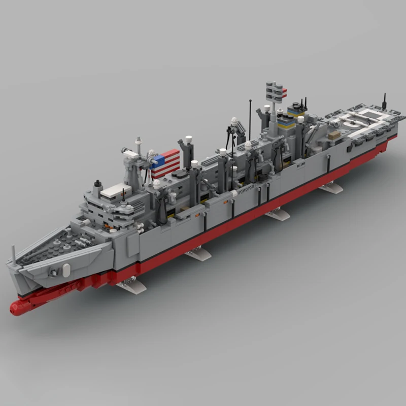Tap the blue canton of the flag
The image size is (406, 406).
pos(158,162)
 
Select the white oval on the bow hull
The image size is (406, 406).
pos(66,270)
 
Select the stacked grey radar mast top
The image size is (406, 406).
pos(275,92)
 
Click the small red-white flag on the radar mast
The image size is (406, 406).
pos(284,92)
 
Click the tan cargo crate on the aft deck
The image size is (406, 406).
pos(333,135)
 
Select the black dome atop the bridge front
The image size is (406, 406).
pos(97,183)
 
